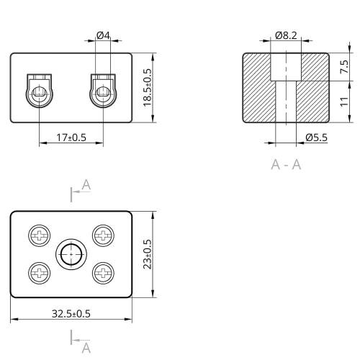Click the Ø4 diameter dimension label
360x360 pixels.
pyautogui.click(x=103, y=35)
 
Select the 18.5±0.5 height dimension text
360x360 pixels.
pyautogui.click(x=147, y=88)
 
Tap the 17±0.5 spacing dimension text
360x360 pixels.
pyautogui.click(x=71, y=138)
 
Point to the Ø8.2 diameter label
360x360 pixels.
pyautogui.click(x=286, y=35)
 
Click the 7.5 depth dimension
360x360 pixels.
pyautogui.click(x=344, y=67)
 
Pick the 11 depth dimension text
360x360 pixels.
pyautogui.click(x=344, y=102)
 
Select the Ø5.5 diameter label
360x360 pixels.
pyautogui.click(x=316, y=138)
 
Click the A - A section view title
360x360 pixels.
pyautogui.click(x=286, y=165)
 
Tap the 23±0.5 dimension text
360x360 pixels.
pyautogui.click(x=147, y=254)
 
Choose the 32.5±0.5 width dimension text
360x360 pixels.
pyautogui.click(x=71, y=314)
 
